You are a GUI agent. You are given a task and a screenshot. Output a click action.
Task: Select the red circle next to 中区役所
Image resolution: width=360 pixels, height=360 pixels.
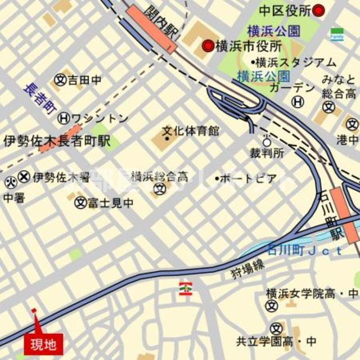[319, 10]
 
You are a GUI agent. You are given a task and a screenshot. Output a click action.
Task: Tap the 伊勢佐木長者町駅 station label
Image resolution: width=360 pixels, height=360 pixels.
[56, 141]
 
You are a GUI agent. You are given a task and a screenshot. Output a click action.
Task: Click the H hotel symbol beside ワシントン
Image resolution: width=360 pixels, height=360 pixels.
[65, 118]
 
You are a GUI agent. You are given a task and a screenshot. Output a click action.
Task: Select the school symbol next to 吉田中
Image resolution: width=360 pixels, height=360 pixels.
[60, 80]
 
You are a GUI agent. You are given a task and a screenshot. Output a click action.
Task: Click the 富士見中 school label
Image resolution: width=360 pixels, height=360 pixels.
[110, 202]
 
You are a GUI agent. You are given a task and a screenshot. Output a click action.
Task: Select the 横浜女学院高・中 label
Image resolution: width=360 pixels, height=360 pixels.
[312, 293]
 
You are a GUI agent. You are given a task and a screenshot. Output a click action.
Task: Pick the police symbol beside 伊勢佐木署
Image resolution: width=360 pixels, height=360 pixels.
[24, 177]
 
